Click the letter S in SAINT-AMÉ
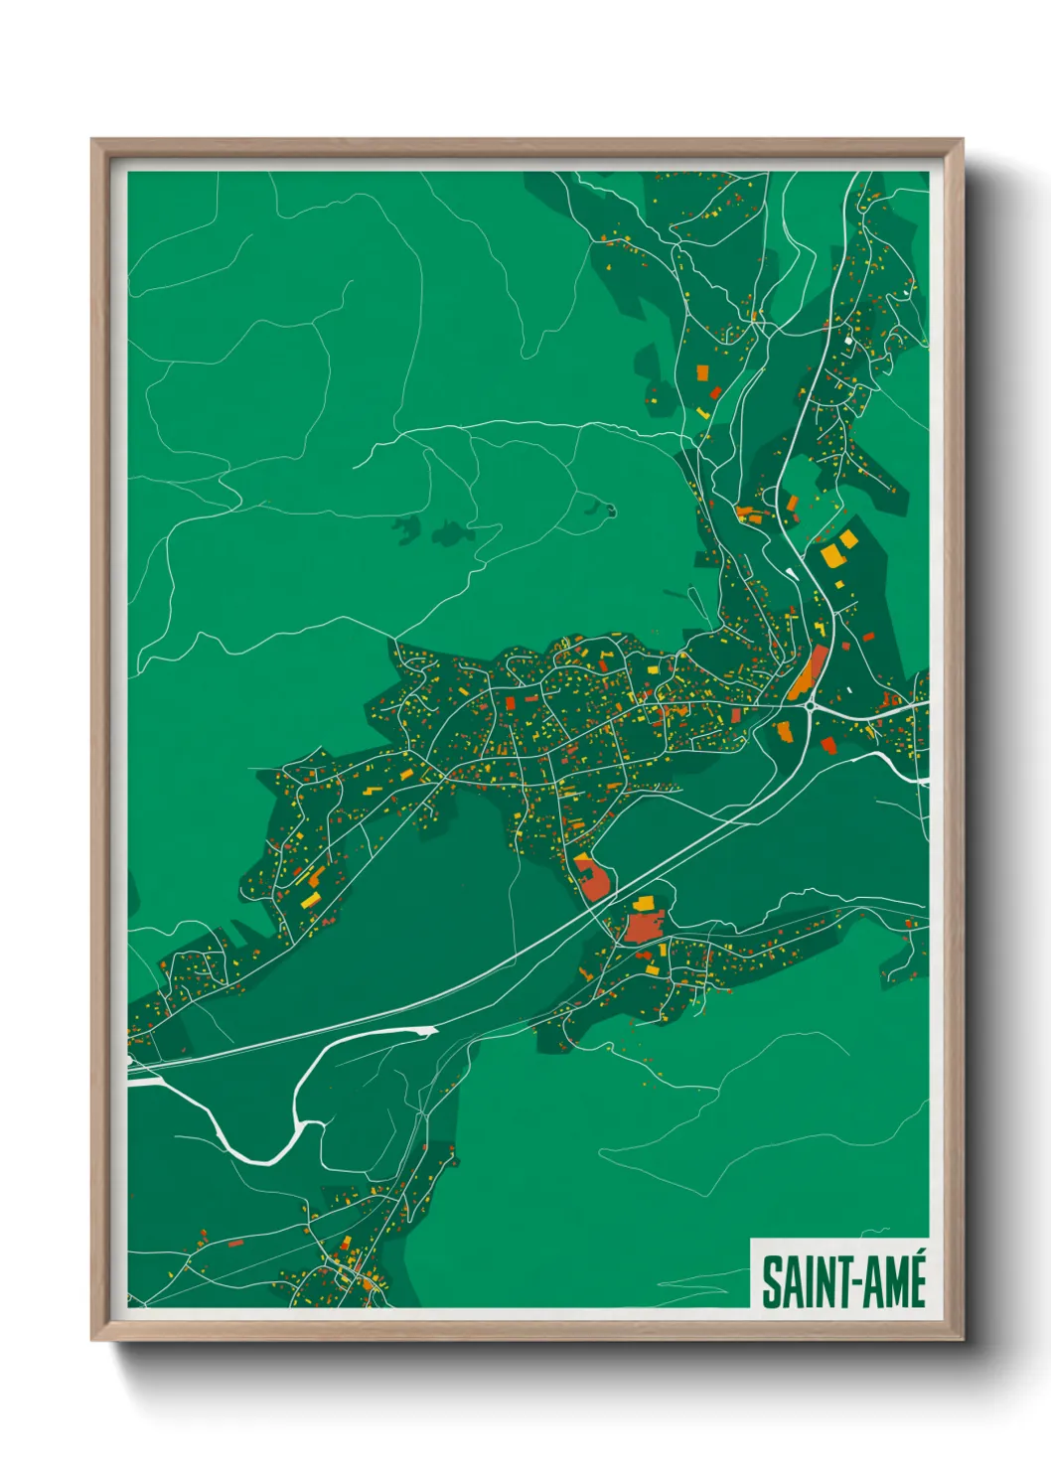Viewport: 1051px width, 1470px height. point(772,1282)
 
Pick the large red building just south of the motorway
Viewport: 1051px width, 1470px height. point(641,928)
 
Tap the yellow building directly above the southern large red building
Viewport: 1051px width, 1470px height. point(645,903)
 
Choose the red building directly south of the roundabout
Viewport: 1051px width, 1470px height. point(828,744)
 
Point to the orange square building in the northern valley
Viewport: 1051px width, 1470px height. point(702,372)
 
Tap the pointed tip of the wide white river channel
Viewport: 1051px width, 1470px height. point(434,1031)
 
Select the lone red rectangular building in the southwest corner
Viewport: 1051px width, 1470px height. point(235,1243)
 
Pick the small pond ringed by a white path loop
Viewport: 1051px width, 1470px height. point(610,512)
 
